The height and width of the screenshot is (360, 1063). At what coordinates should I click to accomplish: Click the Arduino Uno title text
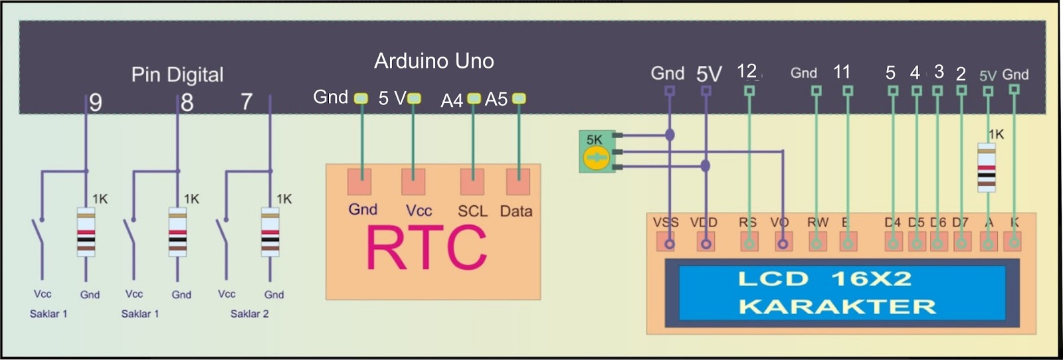434,61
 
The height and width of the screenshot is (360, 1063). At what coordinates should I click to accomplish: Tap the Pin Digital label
177,74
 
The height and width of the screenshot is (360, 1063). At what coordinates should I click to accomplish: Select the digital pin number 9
96,102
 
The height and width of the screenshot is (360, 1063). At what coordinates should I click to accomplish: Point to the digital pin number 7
246,102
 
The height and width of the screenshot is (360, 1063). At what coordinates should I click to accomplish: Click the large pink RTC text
427,248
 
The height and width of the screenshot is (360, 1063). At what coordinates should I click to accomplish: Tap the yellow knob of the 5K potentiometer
595,158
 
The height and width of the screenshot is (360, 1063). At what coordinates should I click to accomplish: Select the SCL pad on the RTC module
472,181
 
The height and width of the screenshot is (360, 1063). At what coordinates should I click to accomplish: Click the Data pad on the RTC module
518,181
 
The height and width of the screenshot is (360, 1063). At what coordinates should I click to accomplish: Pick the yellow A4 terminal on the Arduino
474,98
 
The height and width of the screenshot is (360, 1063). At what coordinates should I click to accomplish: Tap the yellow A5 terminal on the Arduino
519,98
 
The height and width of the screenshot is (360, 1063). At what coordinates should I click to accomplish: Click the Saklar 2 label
249,314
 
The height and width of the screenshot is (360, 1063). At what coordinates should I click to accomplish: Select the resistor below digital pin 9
86,232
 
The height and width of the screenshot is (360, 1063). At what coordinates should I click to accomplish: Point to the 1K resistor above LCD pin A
987,168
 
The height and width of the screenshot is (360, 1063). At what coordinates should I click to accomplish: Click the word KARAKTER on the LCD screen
837,307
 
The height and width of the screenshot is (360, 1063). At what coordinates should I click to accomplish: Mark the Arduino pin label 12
747,71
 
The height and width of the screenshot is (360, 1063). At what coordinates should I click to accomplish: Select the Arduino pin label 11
842,72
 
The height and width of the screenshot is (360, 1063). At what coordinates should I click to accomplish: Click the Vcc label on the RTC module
419,211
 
